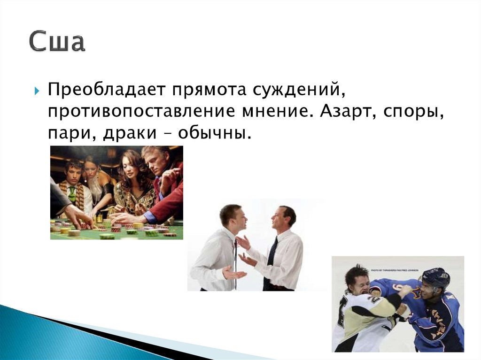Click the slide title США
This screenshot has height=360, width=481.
click(57, 41)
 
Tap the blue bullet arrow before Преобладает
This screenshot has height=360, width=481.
click(37, 91)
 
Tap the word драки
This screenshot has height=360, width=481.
click(130, 133)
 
